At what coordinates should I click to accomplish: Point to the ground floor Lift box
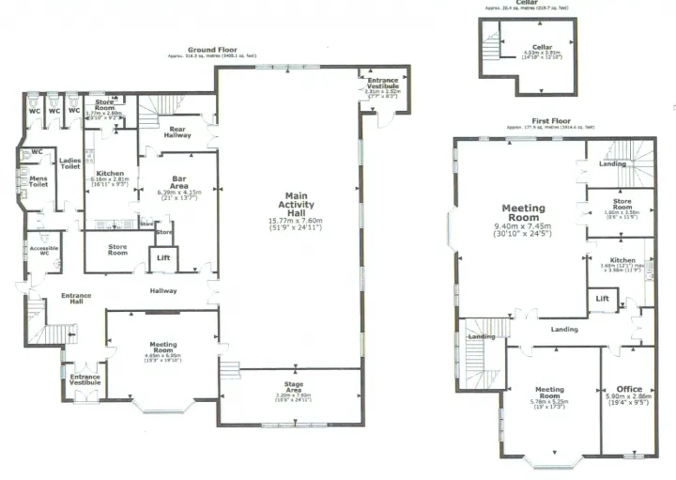click(163, 256)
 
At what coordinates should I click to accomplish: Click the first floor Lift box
click(603, 299)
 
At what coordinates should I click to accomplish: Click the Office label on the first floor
click(629, 388)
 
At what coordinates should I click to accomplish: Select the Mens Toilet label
click(38, 180)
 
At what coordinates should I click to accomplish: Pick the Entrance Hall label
click(76, 299)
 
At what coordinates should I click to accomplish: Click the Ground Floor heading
click(212, 49)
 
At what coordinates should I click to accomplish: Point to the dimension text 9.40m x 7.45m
click(523, 226)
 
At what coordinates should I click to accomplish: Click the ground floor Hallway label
click(163, 290)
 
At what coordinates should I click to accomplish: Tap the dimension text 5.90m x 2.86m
click(629, 397)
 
